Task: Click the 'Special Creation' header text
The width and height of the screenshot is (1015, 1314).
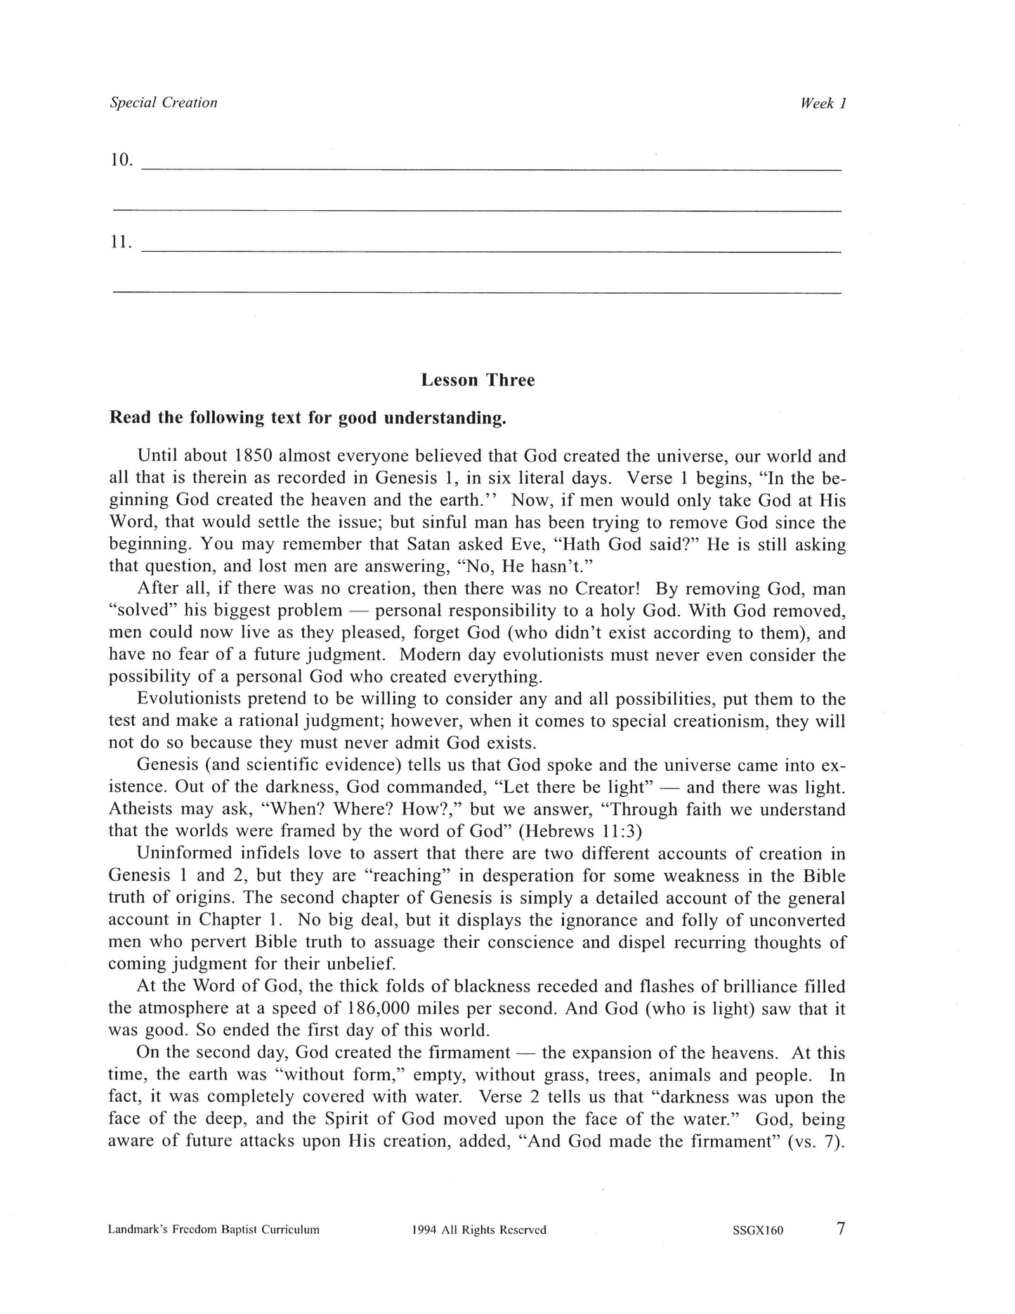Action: coord(164,103)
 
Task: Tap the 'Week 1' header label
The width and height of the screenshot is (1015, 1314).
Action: coord(823,103)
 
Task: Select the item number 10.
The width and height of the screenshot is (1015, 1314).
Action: coord(121,160)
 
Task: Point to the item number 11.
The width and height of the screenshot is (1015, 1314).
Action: coord(121,242)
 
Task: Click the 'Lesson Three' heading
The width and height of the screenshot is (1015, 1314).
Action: coord(478,380)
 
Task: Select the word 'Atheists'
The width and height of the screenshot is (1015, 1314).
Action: coord(143,809)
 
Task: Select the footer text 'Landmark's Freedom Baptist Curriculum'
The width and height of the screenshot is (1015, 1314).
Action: coord(214,1230)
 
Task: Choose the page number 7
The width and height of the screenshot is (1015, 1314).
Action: coord(841,1228)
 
